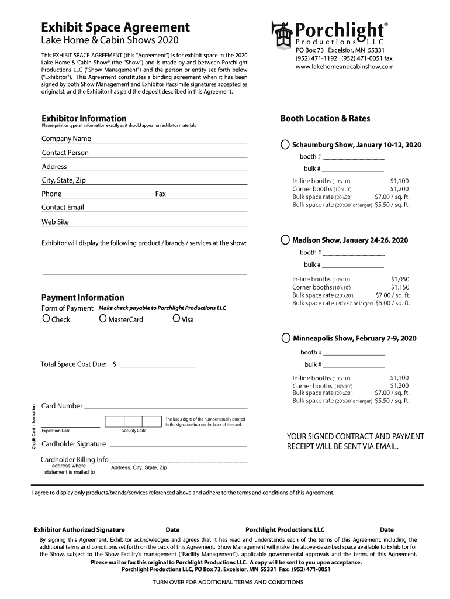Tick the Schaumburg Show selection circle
[285, 144]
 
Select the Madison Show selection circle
[285, 240]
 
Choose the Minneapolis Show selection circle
[285, 338]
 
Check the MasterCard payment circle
[103, 319]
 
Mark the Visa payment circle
[176, 319]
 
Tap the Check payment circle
[46, 319]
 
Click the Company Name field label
[66, 139]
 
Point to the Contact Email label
[63, 208]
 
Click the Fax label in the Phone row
[160, 194]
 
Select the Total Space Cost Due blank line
[158, 364]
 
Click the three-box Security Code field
[133, 422]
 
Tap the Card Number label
[61, 406]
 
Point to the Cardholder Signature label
[74, 444]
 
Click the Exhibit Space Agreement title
[115, 27]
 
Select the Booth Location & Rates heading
[325, 118]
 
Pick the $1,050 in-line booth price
[400, 280]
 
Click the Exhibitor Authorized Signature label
[79, 530]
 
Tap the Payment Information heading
[82, 297]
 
